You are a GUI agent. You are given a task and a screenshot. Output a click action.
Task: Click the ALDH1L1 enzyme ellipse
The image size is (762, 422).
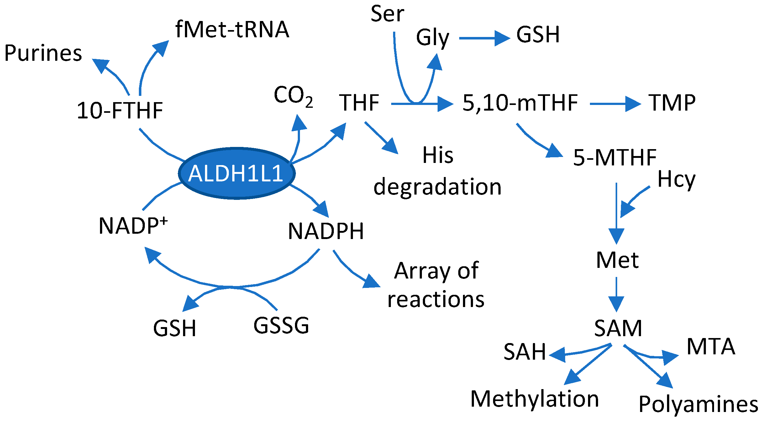point(237,173)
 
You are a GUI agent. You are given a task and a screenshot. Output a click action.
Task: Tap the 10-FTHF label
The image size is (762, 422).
point(120,111)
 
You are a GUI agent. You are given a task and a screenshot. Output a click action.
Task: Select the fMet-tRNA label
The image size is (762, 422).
point(232,29)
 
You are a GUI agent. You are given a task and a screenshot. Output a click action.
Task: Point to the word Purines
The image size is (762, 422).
point(43,53)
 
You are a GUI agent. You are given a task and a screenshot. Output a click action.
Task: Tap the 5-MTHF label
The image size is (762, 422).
point(614,157)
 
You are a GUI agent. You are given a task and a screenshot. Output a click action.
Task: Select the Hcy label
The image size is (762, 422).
point(676,180)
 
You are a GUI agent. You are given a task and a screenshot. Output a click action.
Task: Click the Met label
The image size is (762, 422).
point(617,260)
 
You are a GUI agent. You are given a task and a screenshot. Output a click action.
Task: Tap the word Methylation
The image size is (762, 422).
point(534,399)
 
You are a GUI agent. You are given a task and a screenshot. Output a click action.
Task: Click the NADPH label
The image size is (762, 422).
point(326,232)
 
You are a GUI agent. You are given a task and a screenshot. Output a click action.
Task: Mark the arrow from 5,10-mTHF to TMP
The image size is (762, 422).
point(614,104)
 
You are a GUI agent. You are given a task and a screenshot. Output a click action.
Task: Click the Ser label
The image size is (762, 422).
point(387,14)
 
